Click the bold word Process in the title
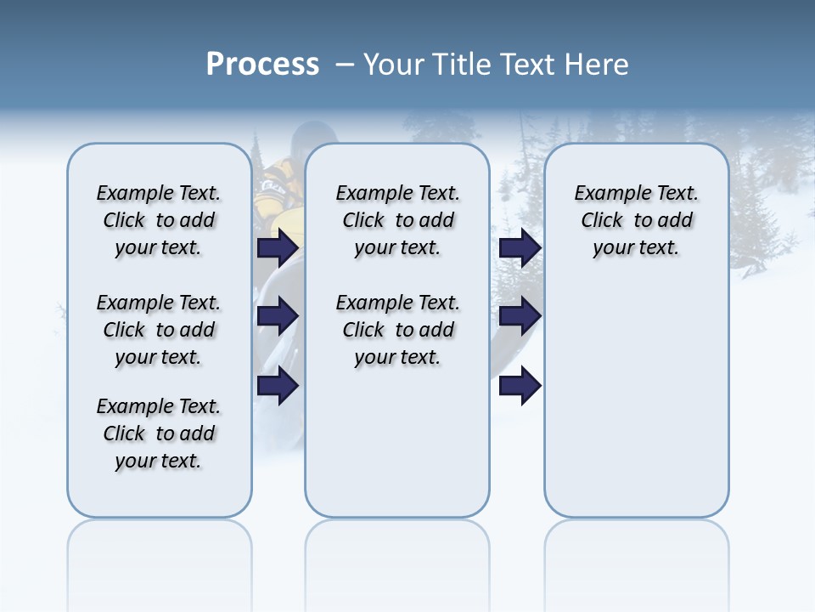point(262,65)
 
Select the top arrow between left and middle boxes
point(278,247)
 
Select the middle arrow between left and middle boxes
point(278,316)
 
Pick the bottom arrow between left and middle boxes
point(278,385)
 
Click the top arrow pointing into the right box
point(520,247)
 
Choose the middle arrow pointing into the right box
point(520,316)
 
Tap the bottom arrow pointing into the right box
point(520,385)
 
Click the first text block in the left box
point(159,220)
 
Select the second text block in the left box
point(159,330)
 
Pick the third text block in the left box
point(159,433)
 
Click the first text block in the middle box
point(397,220)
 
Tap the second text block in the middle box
point(397,330)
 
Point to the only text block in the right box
point(636,220)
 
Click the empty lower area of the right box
point(636,408)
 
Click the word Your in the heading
point(395,65)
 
